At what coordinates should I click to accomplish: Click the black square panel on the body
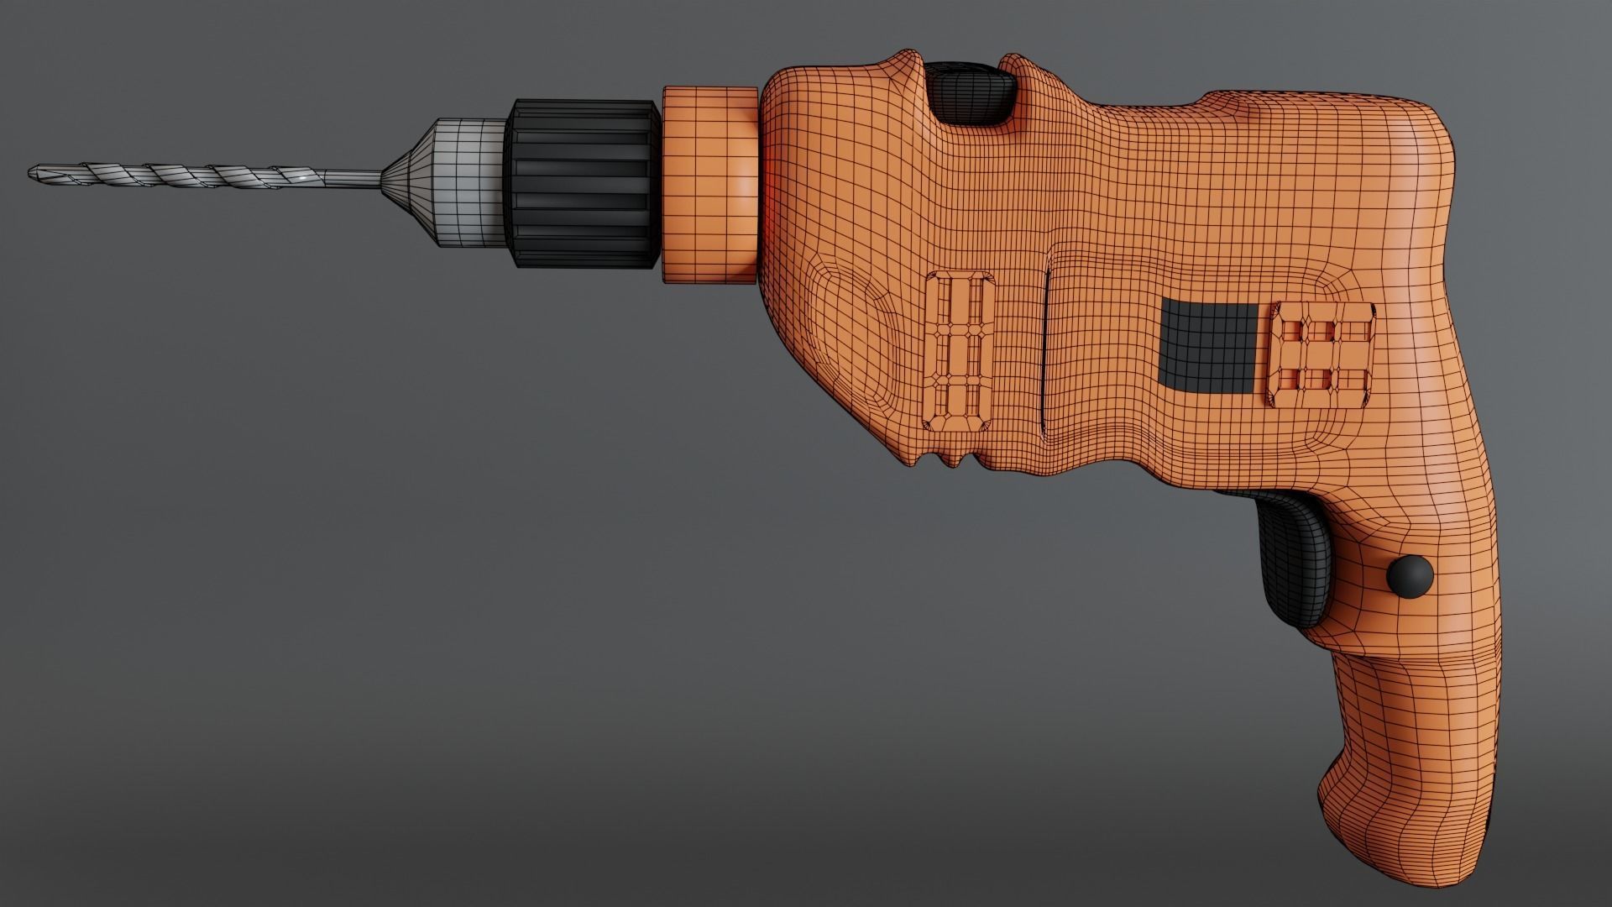[x=1207, y=346]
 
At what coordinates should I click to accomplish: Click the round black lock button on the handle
[x=1410, y=576]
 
